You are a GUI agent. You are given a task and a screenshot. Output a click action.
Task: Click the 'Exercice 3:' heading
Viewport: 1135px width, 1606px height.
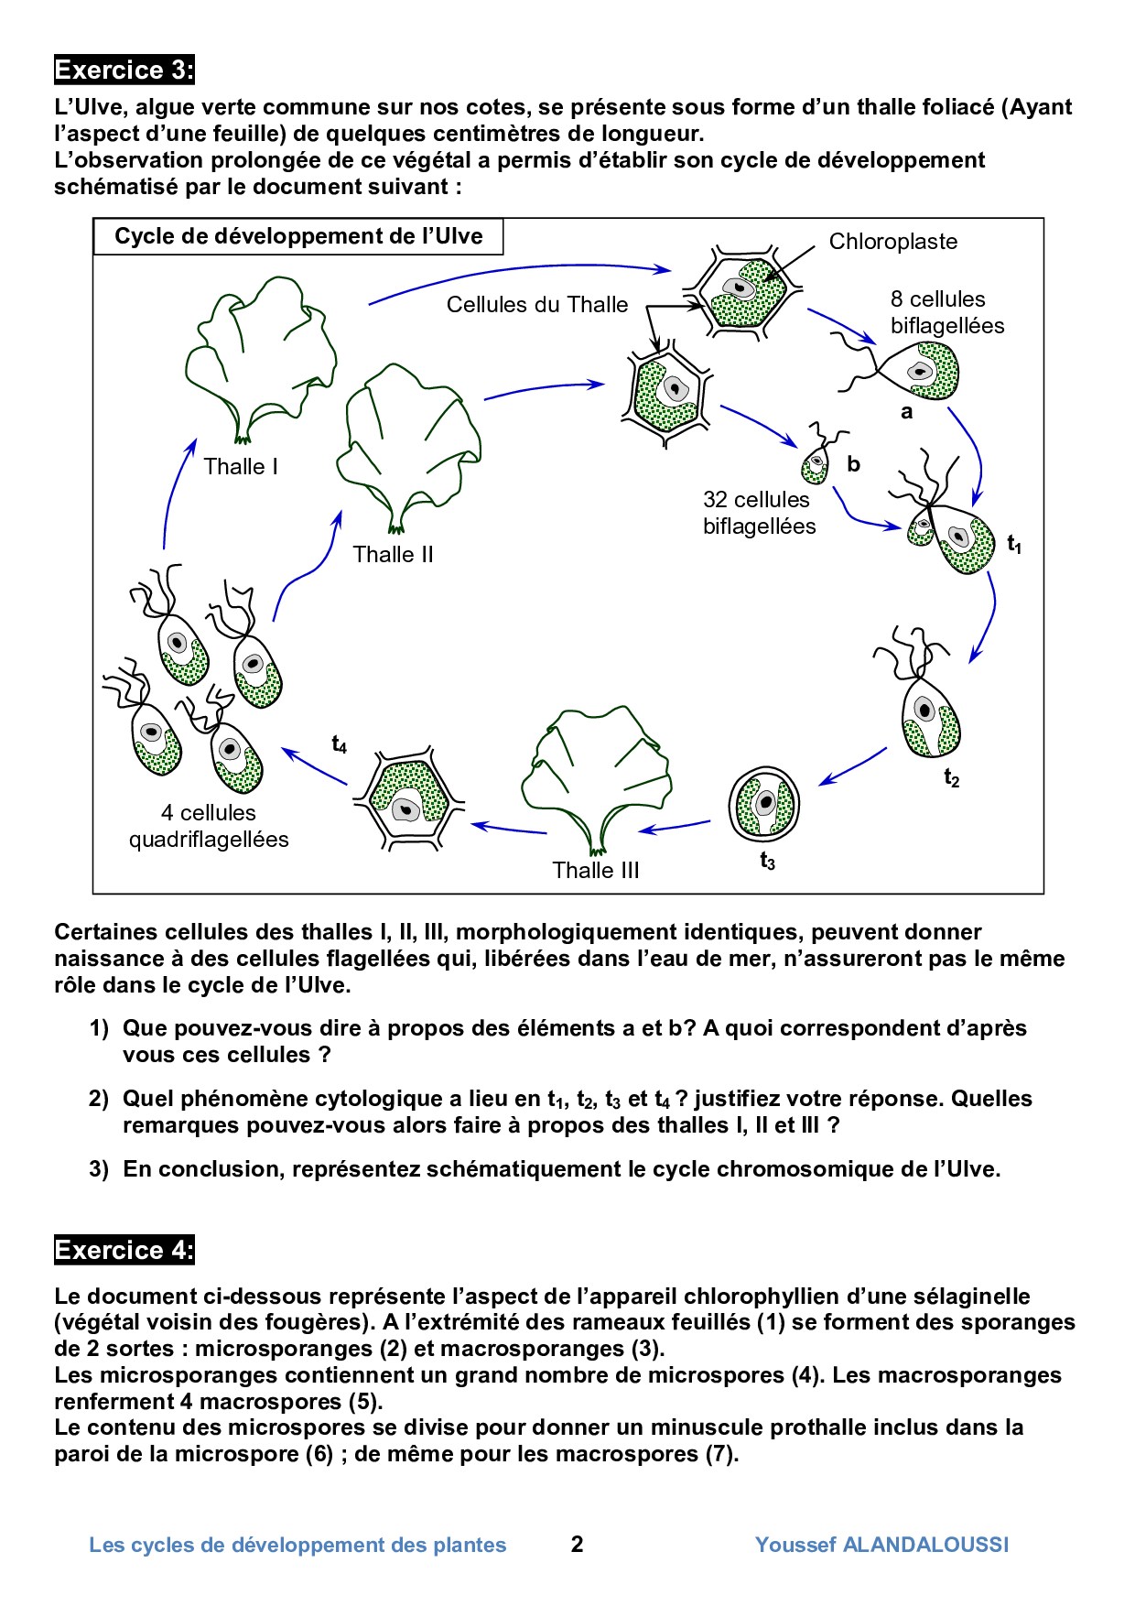pos(124,71)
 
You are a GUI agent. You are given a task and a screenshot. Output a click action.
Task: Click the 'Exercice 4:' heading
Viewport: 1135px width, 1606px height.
pos(124,1250)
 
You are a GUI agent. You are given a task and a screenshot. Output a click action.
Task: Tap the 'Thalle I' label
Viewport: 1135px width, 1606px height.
pos(241,467)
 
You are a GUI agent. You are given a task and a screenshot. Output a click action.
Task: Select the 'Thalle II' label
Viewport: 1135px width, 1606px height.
pos(393,555)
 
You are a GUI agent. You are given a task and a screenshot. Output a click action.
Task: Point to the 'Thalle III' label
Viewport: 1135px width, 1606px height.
pos(595,871)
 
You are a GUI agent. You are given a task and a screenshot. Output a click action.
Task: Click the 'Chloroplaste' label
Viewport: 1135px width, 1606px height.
pos(892,242)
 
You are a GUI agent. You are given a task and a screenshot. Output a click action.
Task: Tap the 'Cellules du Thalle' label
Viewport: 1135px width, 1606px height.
pos(537,305)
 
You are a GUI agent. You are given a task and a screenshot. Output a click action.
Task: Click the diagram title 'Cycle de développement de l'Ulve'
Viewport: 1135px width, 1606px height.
pos(298,236)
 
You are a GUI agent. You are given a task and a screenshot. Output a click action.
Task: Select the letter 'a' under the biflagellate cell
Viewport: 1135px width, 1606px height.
pos(906,412)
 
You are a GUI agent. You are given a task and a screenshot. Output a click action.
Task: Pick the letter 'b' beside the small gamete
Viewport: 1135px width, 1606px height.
pos(853,464)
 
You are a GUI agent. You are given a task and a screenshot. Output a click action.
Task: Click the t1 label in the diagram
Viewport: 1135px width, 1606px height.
pos(1014,545)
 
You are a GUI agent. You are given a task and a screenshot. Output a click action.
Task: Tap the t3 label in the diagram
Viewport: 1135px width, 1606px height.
pos(767,862)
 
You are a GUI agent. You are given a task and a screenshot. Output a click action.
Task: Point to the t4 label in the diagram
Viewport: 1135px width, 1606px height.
pos(340,744)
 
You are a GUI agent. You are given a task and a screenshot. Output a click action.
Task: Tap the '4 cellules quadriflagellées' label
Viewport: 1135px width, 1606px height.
pos(209,826)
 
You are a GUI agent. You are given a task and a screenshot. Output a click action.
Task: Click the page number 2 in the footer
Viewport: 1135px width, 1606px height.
pos(577,1545)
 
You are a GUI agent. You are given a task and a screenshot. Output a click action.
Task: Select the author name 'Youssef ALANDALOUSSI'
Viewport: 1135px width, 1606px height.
pos(881,1545)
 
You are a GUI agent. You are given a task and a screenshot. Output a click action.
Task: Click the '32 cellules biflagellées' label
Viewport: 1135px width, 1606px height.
pos(759,513)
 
